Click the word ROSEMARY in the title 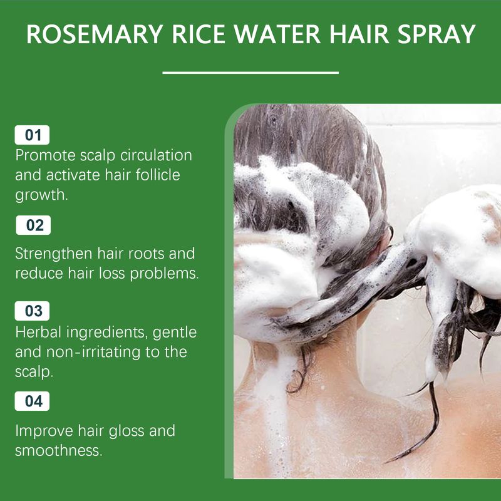pos(95,34)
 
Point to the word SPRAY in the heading pos(436,34)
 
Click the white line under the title pos(250,73)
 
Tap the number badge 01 pos(32,135)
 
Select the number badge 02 pos(33,225)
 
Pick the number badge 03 pos(32,311)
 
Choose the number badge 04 pos(32,401)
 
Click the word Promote pos(45,155)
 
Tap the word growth pos(41,195)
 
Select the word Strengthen pos(53,254)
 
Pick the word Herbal pos(38,332)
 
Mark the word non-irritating pos(93,352)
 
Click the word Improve pos(44,431)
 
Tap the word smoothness pos(59,450)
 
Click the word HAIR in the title pos(359,34)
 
